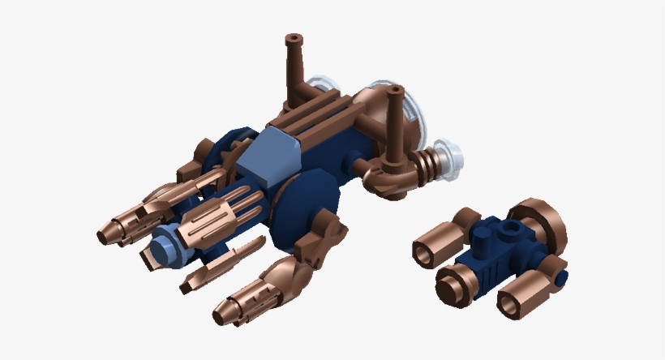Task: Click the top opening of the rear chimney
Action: click(294, 37)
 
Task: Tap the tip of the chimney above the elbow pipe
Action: click(396, 90)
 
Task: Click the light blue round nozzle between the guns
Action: click(161, 242)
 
